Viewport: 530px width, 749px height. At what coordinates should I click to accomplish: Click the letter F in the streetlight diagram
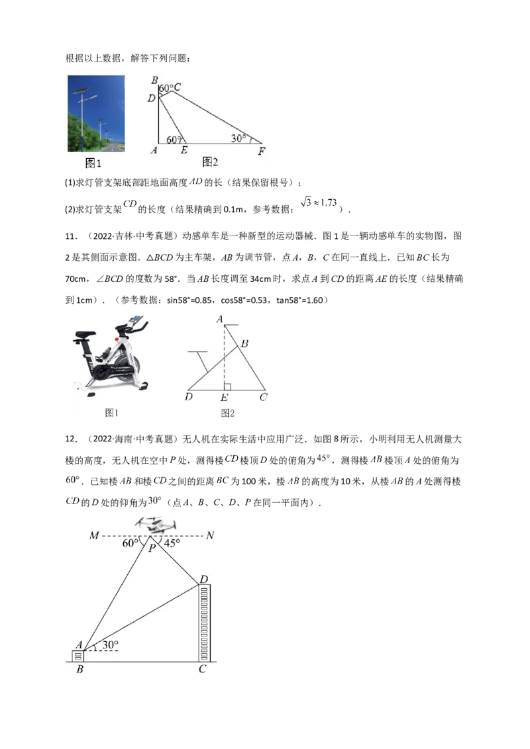(262, 152)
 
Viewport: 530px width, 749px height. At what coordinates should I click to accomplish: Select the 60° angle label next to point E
(173, 140)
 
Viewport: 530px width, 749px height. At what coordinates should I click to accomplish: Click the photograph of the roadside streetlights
(96, 113)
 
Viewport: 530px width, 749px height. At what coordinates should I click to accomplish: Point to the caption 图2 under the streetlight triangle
(210, 162)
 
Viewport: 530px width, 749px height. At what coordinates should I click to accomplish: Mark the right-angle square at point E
(227, 386)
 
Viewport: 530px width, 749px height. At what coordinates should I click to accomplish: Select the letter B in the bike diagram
(244, 343)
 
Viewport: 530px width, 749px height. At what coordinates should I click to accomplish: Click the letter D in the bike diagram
(189, 398)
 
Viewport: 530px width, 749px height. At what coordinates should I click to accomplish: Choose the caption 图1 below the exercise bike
(112, 413)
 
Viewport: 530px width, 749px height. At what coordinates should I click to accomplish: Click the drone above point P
(156, 525)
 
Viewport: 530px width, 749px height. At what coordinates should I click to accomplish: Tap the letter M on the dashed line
(94, 535)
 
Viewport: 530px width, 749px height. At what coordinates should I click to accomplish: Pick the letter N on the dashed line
(210, 535)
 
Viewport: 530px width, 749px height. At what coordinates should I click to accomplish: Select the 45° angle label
(172, 544)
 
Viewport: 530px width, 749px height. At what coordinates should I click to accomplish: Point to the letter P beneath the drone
(152, 548)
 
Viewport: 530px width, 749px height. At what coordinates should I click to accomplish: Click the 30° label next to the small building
(111, 643)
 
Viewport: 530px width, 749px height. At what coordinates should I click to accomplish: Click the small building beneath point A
(78, 656)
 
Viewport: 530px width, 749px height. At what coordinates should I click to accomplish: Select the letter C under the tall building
(202, 670)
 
